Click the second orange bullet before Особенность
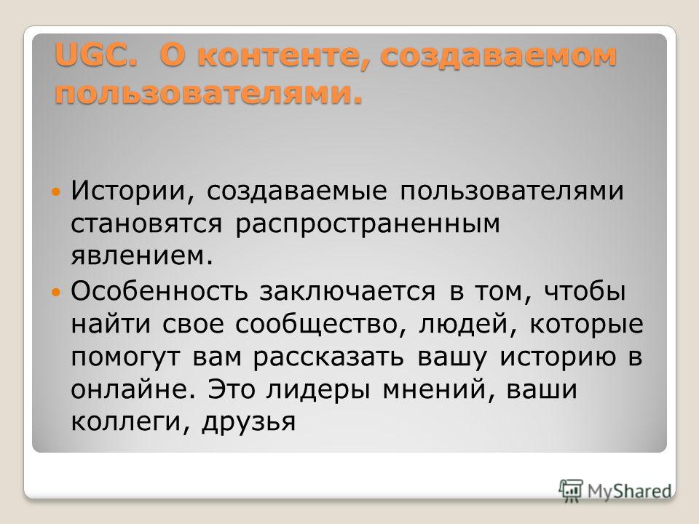click(x=56, y=293)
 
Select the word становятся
click(x=146, y=223)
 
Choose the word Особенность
click(x=159, y=290)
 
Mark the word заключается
click(x=348, y=292)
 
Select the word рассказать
click(x=329, y=357)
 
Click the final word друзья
click(x=249, y=422)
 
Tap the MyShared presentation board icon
click(x=571, y=491)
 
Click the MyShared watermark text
click(x=629, y=491)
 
